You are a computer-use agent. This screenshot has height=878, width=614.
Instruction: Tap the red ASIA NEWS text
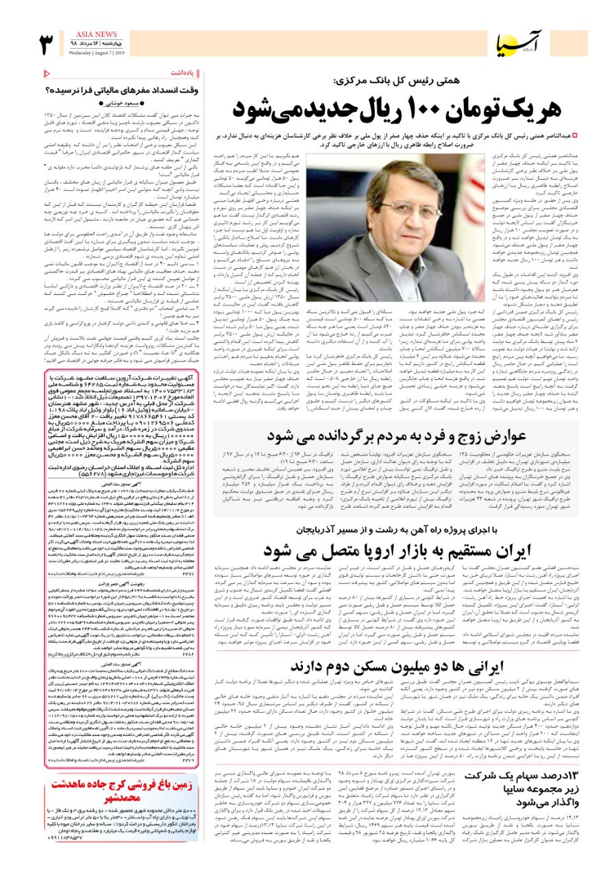(x=97, y=34)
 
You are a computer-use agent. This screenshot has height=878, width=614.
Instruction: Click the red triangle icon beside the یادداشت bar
(x=46, y=72)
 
